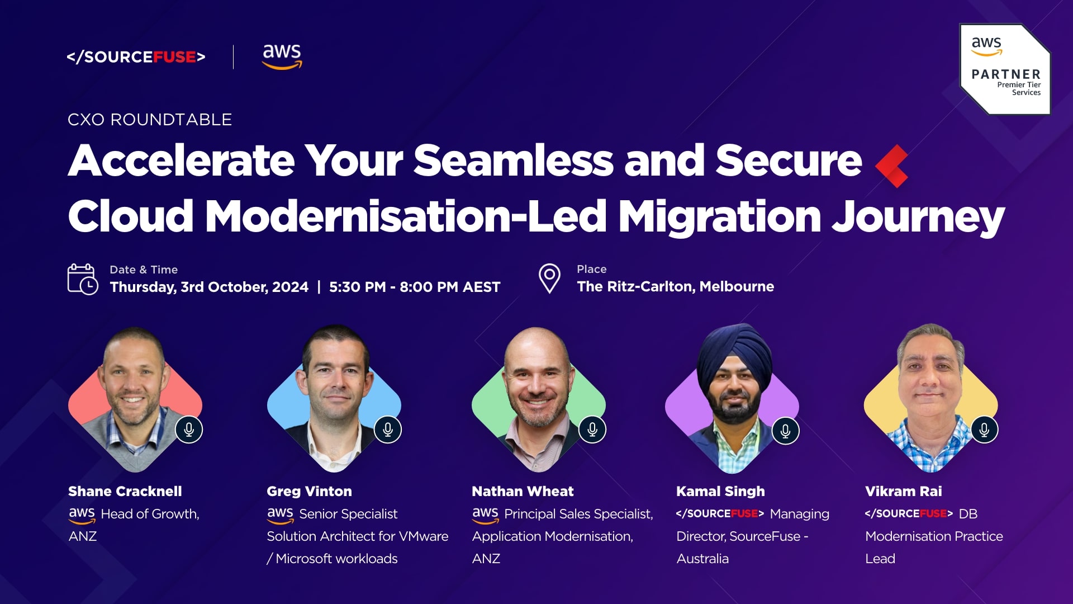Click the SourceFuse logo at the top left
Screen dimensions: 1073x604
[136, 57]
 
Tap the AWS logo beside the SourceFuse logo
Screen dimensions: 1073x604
[282, 56]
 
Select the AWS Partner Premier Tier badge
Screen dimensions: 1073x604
[1005, 69]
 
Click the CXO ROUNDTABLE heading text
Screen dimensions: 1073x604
[150, 120]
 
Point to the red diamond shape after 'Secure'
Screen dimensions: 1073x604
[892, 166]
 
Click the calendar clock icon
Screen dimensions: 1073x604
[83, 279]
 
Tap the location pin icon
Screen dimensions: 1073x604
[549, 279]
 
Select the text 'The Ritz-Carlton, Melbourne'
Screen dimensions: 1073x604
[675, 287]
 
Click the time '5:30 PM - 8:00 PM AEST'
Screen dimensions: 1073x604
[415, 287]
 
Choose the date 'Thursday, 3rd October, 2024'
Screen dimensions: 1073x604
[209, 287]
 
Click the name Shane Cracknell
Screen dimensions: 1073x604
[125, 492]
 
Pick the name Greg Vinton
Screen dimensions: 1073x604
[310, 492]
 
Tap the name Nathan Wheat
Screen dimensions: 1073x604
[523, 492]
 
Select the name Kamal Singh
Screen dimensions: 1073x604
[720, 492]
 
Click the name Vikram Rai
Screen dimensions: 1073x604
[904, 492]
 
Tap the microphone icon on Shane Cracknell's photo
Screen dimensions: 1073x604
[189, 430]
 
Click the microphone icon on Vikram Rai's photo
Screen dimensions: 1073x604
[984, 430]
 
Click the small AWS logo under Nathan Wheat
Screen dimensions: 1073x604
[485, 515]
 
